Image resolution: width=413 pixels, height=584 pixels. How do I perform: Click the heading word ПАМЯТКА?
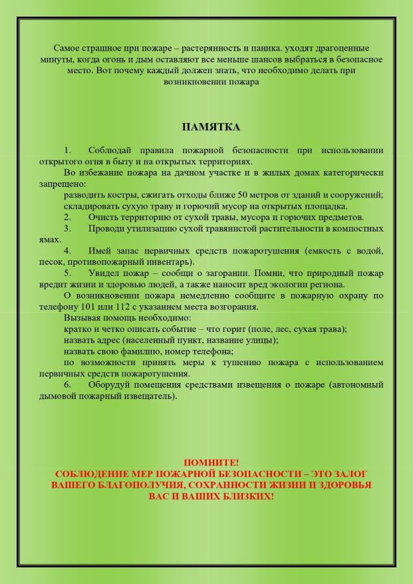pyautogui.click(x=211, y=127)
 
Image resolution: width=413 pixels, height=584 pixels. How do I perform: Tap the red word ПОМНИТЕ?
pyautogui.click(x=211, y=462)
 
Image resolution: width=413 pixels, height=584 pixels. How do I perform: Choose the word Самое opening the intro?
pyautogui.click(x=67, y=49)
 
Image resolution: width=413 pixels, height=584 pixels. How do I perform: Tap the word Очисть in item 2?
pyautogui.click(x=103, y=217)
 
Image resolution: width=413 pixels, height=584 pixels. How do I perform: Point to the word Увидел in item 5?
pyautogui.click(x=104, y=273)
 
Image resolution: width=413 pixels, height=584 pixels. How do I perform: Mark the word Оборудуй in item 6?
pyautogui.click(x=110, y=384)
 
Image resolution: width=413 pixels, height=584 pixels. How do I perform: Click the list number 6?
pyautogui.click(x=67, y=384)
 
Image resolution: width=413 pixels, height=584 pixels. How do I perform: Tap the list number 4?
pyautogui.click(x=67, y=251)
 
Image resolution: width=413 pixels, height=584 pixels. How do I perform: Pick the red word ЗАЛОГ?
pyautogui.click(x=348, y=474)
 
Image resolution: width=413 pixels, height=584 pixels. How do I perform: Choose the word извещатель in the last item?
pyautogui.click(x=153, y=396)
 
